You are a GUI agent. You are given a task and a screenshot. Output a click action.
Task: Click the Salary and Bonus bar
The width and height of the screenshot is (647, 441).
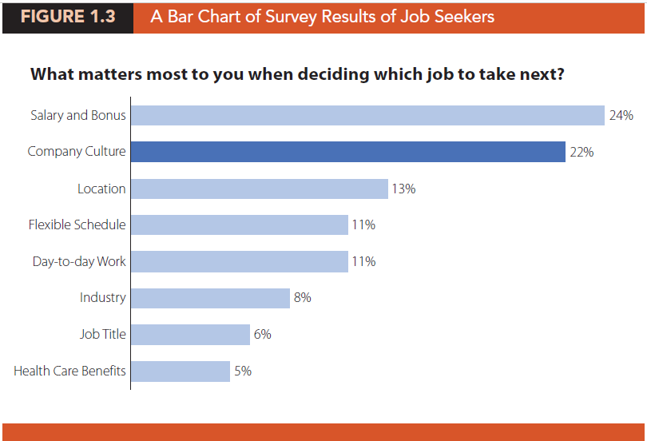pyautogui.click(x=367, y=115)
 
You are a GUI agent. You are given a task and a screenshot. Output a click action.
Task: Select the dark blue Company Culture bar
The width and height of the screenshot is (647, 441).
pyautogui.click(x=347, y=152)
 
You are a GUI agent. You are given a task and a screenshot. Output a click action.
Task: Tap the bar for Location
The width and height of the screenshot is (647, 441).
pyautogui.click(x=259, y=189)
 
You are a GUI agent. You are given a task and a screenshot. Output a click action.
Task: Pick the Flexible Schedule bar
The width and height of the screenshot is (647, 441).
pyautogui.click(x=239, y=224)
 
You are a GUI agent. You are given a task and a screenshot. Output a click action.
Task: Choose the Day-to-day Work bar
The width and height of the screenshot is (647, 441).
pyautogui.click(x=239, y=261)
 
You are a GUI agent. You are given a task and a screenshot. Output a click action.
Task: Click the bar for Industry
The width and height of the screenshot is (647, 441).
pyautogui.click(x=209, y=298)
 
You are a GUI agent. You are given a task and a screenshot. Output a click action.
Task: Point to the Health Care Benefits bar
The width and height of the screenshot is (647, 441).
pyautogui.click(x=180, y=371)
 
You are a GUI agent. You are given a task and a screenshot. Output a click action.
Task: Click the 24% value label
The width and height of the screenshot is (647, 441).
pyautogui.click(x=621, y=115)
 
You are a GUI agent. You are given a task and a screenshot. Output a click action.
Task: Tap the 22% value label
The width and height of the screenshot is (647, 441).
pyautogui.click(x=581, y=152)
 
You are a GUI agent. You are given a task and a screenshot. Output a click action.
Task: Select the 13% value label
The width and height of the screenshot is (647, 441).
pyautogui.click(x=403, y=189)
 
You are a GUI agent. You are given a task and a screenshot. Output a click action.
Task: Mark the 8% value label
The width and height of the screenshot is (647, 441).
pyautogui.click(x=302, y=298)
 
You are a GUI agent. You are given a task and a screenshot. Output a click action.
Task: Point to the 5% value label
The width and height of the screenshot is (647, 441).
pyautogui.click(x=243, y=371)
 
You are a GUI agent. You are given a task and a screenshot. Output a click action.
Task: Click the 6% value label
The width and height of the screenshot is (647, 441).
pyautogui.click(x=262, y=334)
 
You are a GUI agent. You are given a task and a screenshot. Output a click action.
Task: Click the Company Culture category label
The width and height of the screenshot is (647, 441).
pyautogui.click(x=77, y=151)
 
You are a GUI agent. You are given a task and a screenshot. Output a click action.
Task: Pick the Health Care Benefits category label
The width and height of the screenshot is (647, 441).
pyautogui.click(x=69, y=371)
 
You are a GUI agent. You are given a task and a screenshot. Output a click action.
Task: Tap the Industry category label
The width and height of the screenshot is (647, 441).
pyautogui.click(x=102, y=298)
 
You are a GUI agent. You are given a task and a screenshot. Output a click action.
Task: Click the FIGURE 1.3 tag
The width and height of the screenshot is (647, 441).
pyautogui.click(x=67, y=17)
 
